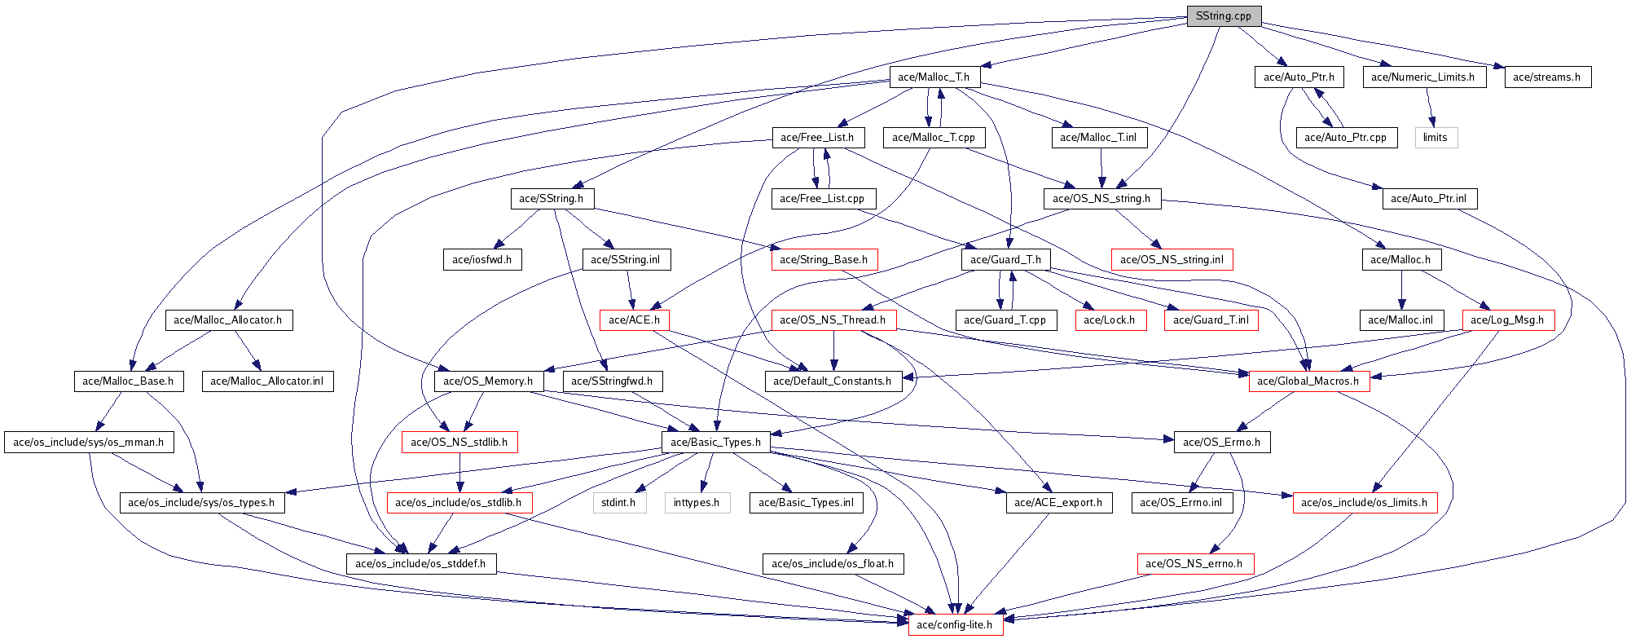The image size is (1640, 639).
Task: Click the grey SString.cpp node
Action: click(1224, 16)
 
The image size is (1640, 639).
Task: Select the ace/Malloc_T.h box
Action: click(934, 77)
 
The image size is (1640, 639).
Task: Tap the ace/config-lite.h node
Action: click(955, 625)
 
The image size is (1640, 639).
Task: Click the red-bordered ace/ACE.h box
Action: click(634, 320)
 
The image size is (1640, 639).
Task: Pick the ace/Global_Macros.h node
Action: click(1308, 381)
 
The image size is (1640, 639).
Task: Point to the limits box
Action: click(1436, 138)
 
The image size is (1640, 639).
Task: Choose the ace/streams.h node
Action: click(1547, 77)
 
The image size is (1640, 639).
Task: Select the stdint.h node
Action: click(619, 503)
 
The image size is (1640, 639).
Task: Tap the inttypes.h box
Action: click(697, 503)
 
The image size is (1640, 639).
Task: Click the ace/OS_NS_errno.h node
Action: click(1194, 564)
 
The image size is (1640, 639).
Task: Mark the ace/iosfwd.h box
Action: click(482, 260)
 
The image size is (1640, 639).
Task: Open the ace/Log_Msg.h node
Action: click(1507, 320)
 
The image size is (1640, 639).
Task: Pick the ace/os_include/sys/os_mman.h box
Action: click(89, 443)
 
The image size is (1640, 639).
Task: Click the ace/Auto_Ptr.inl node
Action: click(1429, 199)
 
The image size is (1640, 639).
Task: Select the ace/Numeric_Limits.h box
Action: click(1423, 77)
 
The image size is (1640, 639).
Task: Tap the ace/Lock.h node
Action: click(1110, 320)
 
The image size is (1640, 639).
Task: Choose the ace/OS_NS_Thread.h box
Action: click(833, 320)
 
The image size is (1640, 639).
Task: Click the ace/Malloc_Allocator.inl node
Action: click(267, 381)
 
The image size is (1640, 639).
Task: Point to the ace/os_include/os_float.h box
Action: click(833, 564)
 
